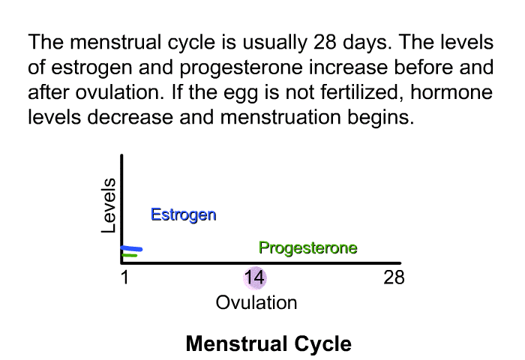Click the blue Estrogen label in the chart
pos(184,215)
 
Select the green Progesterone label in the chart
pos(308,248)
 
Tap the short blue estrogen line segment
pos(132,248)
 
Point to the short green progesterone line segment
pos(130,256)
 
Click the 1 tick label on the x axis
pos(124,277)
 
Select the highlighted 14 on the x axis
pos(255,277)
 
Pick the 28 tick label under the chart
pos(394,277)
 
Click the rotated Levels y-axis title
pos(108,205)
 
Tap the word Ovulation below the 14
pos(256,303)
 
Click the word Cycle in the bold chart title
pos(322,344)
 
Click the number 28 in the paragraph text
pos(325,42)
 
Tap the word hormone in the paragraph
pos(451,92)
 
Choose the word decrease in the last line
pos(130,117)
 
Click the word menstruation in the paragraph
pos(280,117)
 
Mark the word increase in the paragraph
pos(348,67)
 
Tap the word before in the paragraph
pos(423,67)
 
